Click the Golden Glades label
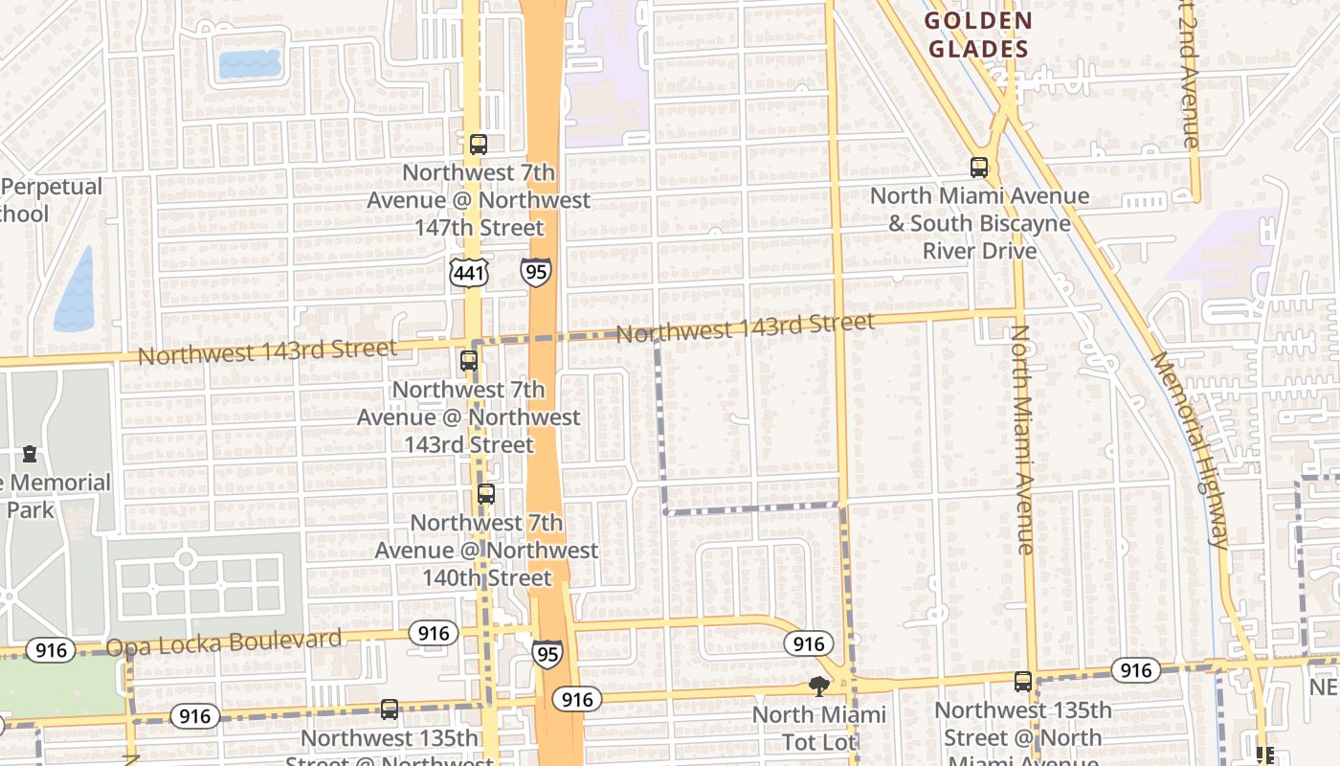[977, 35]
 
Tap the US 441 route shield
[469, 273]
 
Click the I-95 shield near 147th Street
[536, 272]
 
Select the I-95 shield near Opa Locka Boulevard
[547, 653]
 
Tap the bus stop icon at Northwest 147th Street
[479, 145]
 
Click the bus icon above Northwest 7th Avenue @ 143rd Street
[469, 361]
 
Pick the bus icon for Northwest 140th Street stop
[486, 494]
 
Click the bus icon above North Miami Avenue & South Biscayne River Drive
[979, 168]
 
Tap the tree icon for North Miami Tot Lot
[818, 686]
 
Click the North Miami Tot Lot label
[819, 729]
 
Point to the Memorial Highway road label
[1189, 450]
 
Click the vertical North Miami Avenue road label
[1022, 440]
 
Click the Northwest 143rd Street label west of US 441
[267, 351]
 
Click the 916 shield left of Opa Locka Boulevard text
[50, 651]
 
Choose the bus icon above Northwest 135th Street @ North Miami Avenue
[1023, 682]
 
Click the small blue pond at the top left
[250, 64]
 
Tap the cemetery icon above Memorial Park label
[30, 453]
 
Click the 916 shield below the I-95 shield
[577, 700]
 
